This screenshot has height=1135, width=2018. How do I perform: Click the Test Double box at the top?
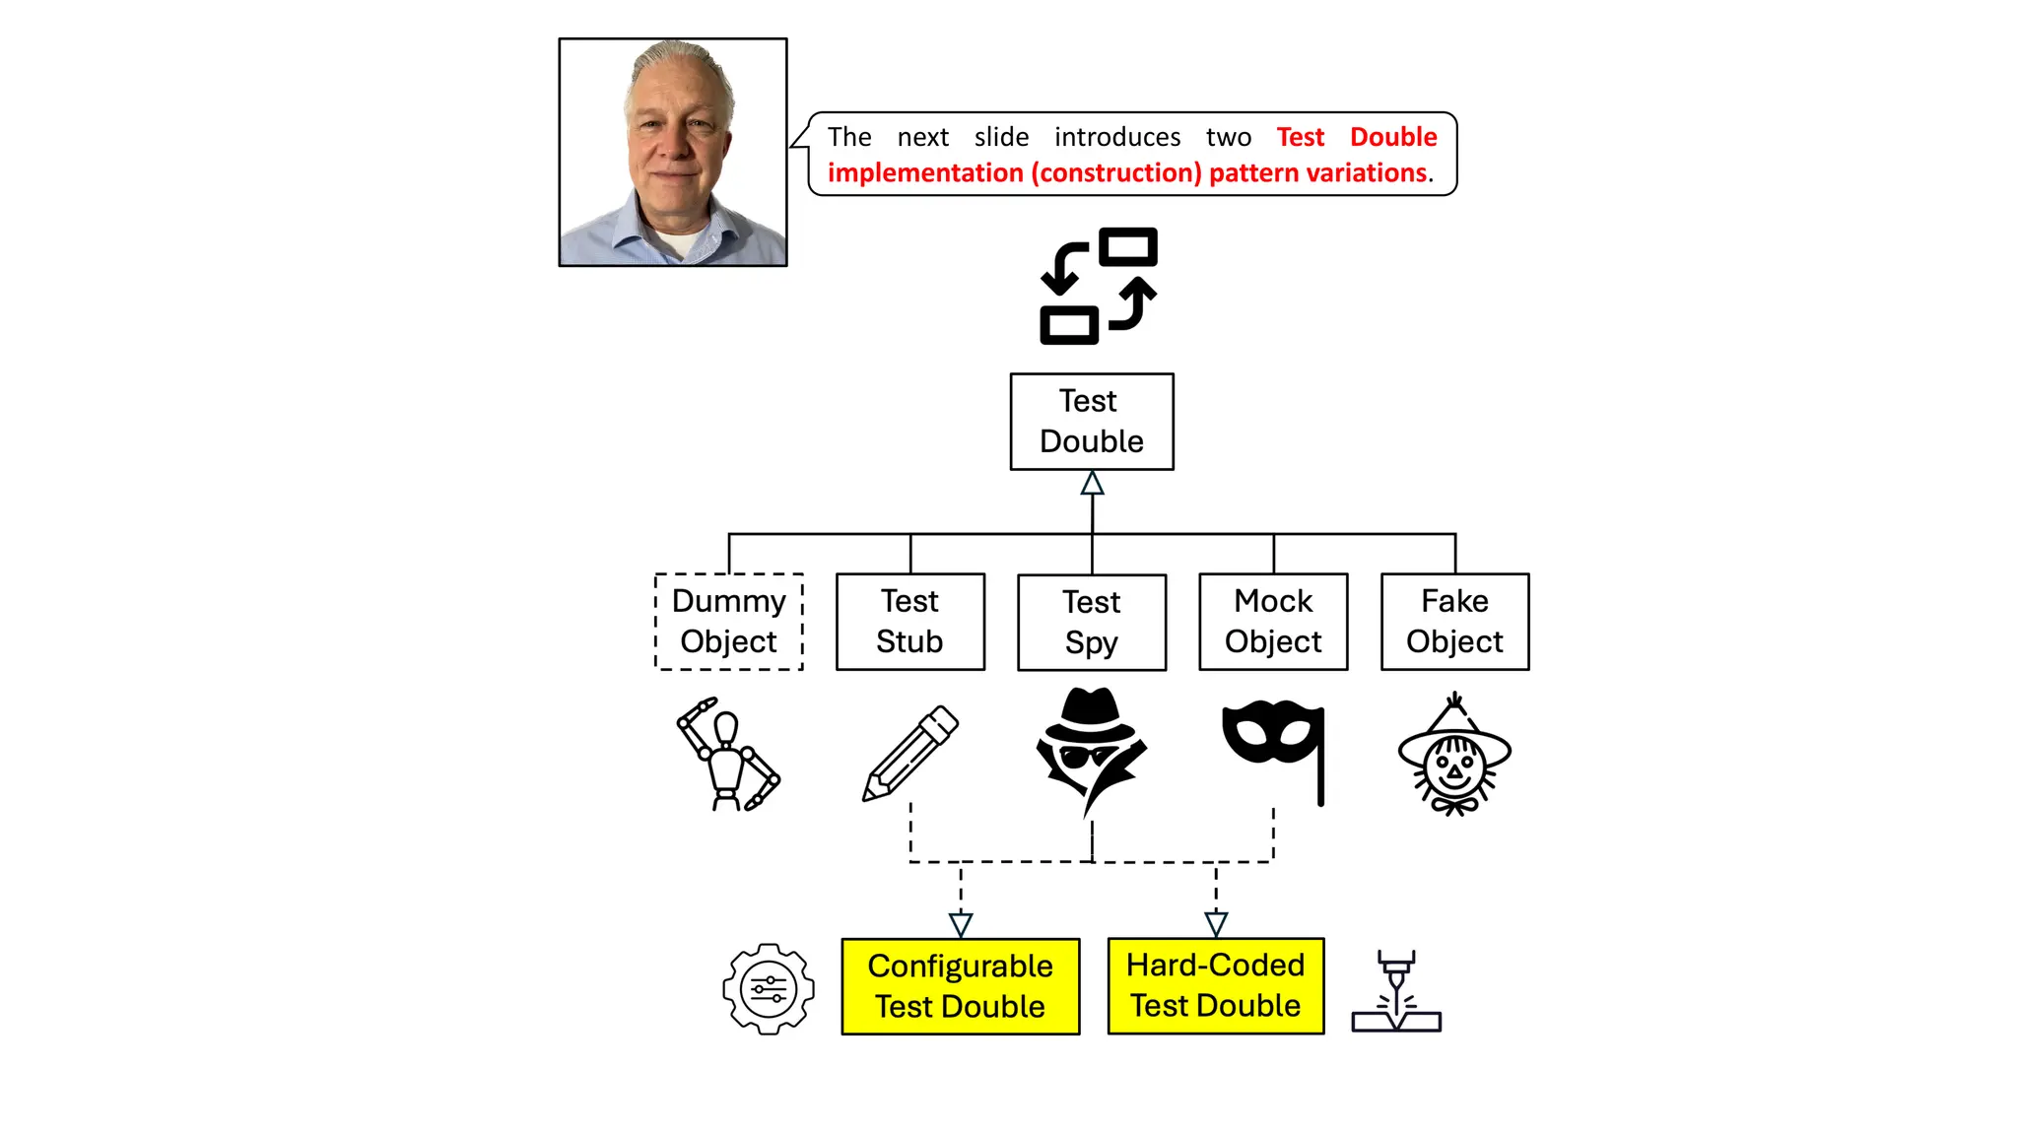[1092, 422]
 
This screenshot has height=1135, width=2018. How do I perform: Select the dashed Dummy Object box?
[729, 622]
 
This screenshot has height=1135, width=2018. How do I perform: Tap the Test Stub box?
[910, 622]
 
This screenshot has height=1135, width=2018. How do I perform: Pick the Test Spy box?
[1092, 623]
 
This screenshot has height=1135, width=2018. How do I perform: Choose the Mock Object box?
[1273, 622]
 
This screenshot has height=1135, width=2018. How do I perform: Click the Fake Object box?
[1454, 622]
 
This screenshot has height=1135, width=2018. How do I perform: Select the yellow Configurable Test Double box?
[961, 986]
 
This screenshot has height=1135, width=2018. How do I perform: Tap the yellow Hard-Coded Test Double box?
[1216, 985]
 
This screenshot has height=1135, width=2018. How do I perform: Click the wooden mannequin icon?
[728, 755]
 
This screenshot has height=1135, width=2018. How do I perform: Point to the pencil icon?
[910, 754]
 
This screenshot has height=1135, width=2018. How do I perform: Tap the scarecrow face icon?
[1454, 757]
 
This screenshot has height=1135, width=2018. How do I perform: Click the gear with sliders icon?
[769, 988]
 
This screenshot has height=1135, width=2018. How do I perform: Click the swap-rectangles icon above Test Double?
[1099, 286]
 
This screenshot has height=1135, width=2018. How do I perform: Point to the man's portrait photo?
[673, 153]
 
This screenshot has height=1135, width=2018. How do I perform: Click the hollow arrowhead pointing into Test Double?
[1092, 484]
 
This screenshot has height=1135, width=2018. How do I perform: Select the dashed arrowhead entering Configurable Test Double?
[961, 925]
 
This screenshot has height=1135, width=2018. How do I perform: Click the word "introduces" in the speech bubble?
[1117, 137]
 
